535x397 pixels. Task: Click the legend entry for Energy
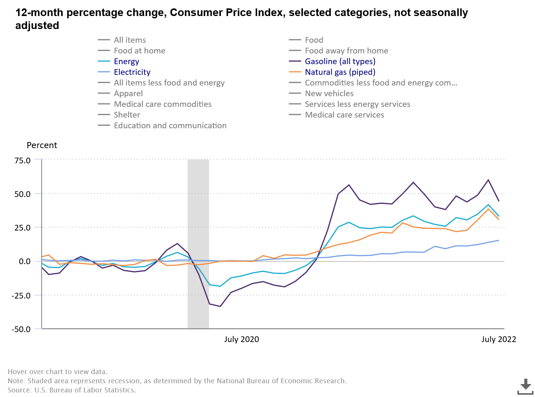126,61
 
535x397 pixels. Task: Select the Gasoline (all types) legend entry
340,61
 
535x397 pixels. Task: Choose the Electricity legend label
132,72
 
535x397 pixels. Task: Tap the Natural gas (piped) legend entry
340,72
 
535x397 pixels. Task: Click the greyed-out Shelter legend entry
126,115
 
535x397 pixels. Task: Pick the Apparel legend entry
128,94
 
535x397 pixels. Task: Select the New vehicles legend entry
329,94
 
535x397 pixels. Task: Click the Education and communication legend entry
170,126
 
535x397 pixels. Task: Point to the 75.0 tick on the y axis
23,160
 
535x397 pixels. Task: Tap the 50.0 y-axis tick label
23,194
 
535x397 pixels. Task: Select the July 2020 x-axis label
242,339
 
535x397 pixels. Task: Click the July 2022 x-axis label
498,339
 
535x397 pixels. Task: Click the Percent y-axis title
42,145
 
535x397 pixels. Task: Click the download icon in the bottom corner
525,386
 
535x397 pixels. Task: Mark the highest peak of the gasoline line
488,180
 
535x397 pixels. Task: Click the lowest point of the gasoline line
220,306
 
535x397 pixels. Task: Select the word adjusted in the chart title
37,26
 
